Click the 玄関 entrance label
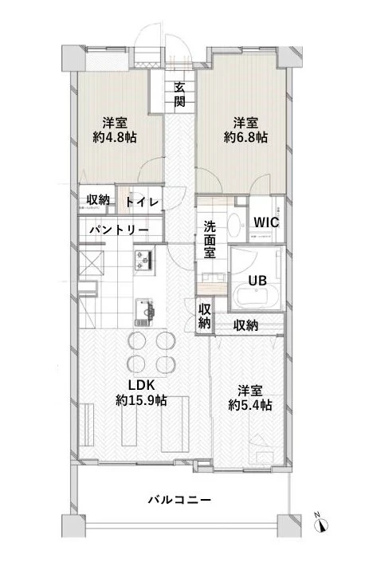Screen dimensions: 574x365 [x=180, y=94]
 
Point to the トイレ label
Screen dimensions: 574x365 [x=143, y=202]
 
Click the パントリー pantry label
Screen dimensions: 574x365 [x=119, y=229]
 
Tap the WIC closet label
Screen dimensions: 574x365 [x=265, y=222]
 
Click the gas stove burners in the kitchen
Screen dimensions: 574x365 [x=144, y=260]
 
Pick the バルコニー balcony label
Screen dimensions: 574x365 [x=179, y=500]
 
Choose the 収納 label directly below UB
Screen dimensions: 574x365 [x=245, y=324]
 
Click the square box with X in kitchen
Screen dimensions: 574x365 [x=93, y=262]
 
